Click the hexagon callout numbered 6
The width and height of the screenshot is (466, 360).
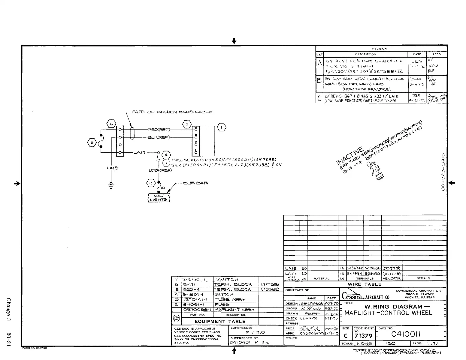pos(110,123)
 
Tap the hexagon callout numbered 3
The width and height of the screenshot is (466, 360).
pos(92,142)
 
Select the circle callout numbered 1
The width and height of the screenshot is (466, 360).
pos(222,127)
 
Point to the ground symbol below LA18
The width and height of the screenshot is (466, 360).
pos(111,185)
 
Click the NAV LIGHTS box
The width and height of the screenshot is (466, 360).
pos(159,197)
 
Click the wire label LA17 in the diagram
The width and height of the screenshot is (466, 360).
pos(140,152)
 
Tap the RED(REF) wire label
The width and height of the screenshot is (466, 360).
pos(159,130)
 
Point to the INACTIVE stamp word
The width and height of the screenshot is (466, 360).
pos(350,157)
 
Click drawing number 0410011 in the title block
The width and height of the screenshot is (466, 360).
pos(405,334)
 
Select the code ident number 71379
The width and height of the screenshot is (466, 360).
pos(363,336)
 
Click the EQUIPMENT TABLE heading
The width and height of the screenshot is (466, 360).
pos(220,321)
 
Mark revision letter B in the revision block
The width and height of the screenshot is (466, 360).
pos(319,80)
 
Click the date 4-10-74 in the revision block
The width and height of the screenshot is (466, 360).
pos(417,100)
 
